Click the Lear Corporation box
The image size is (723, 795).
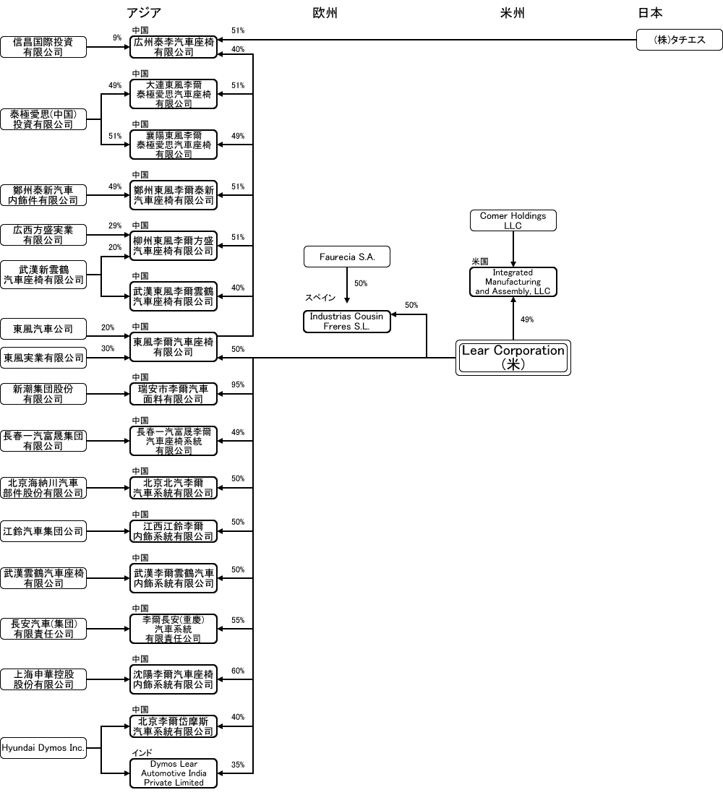point(513,358)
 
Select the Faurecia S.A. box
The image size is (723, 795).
point(347,257)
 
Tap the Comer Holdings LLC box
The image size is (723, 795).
point(513,220)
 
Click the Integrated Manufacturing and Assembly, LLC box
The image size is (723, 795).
point(513,282)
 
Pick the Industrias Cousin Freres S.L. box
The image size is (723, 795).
point(346,322)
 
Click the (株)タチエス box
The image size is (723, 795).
point(679,40)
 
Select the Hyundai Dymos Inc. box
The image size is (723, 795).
point(43,748)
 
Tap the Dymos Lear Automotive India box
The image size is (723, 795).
point(174,773)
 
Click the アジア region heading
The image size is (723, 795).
point(144,13)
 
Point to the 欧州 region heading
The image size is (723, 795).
point(325,13)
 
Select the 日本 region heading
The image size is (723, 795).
point(650,13)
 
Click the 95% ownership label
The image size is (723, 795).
point(238,384)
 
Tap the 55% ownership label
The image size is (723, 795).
point(238,620)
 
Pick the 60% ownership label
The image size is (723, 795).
point(238,671)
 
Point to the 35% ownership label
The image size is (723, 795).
point(238,765)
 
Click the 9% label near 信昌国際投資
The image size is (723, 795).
point(117,38)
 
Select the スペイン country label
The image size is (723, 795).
point(319,298)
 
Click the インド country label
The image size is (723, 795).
point(142,752)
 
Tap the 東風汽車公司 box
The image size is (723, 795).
point(43,329)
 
